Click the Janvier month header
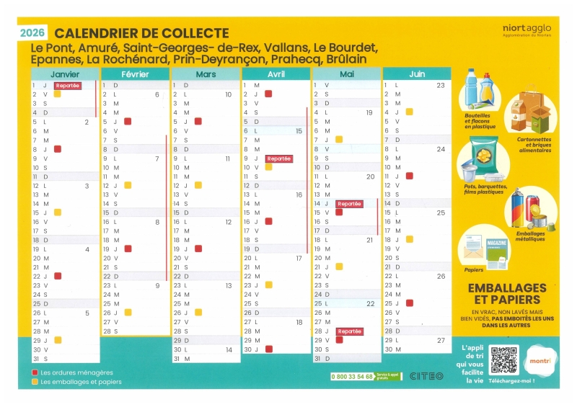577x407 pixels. (64, 74)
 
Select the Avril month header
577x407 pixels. (276, 74)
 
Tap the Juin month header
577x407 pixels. (417, 74)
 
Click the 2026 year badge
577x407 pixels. (32, 32)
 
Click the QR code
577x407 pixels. (503, 359)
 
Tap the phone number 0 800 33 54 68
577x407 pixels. (352, 376)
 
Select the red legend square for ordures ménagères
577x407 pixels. (35, 372)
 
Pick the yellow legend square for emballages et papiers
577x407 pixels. (35, 382)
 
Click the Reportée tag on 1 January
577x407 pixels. (67, 85)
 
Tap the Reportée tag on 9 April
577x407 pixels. (278, 158)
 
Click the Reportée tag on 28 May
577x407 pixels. (349, 331)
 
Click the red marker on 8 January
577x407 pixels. (58, 149)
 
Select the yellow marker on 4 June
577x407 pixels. (409, 112)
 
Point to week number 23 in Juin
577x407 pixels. (440, 85)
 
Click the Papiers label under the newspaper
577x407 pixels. (474, 270)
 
